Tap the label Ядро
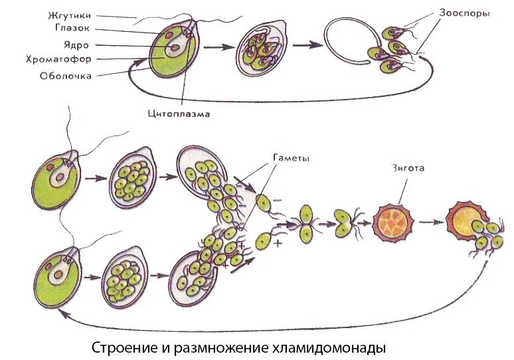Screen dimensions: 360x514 (78, 46)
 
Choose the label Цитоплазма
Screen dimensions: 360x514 (179, 114)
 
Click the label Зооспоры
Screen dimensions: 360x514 (465, 13)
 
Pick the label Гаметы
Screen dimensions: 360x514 (291, 159)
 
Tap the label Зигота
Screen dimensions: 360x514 (407, 169)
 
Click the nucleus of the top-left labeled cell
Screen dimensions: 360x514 (175, 48)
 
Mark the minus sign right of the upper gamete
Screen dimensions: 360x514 (277, 199)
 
